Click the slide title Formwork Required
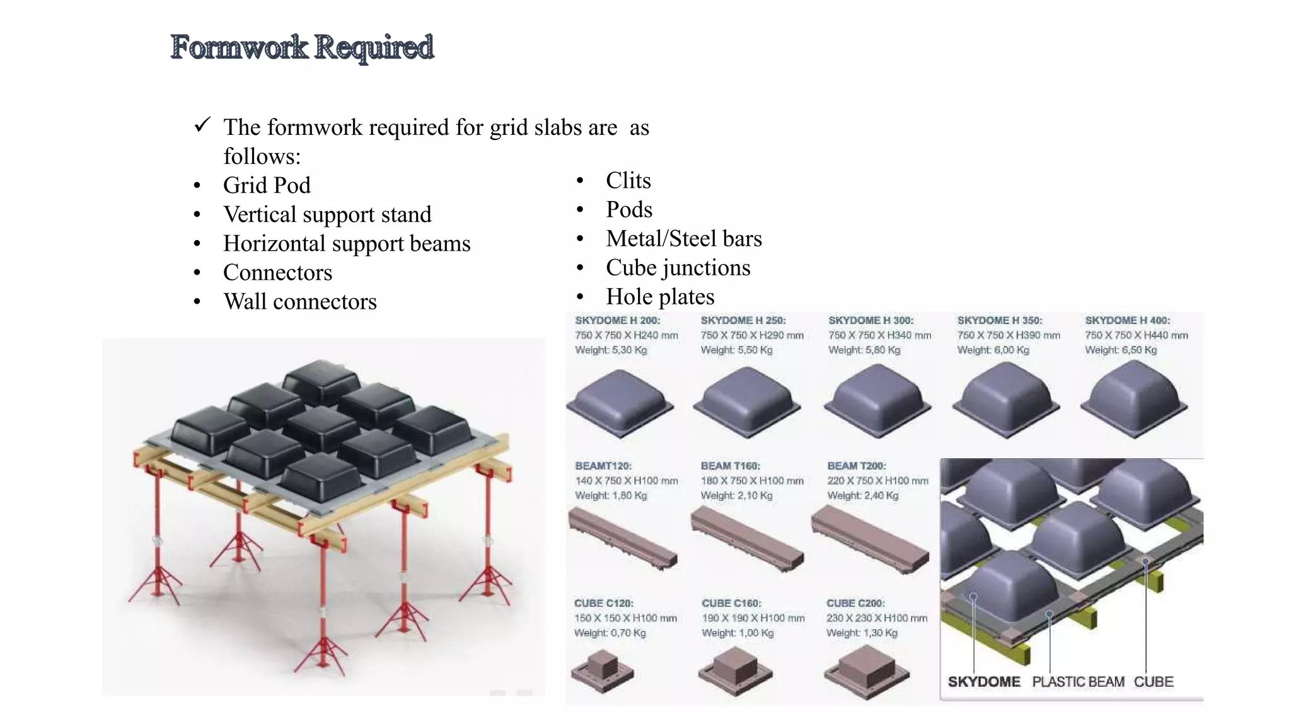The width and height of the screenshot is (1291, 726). point(302,47)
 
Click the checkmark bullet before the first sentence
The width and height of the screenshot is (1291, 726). point(202,125)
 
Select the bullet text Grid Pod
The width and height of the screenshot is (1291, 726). point(267,185)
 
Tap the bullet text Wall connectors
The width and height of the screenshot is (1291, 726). point(299,301)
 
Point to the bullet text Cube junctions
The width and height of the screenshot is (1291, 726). point(678,268)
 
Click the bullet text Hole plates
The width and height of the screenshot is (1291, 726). point(659,297)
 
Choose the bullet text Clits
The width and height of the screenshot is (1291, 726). point(628,181)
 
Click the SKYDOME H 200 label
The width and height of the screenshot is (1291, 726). point(617,320)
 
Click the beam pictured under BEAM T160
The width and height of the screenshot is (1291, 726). point(747,539)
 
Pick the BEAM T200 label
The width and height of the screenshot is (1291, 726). point(856,466)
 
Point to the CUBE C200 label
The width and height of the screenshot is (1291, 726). point(855,603)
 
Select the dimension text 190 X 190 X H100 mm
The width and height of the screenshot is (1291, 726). point(753,618)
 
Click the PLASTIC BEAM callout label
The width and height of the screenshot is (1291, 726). point(1077,682)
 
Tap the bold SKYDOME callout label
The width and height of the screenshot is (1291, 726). point(983,682)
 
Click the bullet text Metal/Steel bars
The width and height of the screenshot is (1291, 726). point(683,239)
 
